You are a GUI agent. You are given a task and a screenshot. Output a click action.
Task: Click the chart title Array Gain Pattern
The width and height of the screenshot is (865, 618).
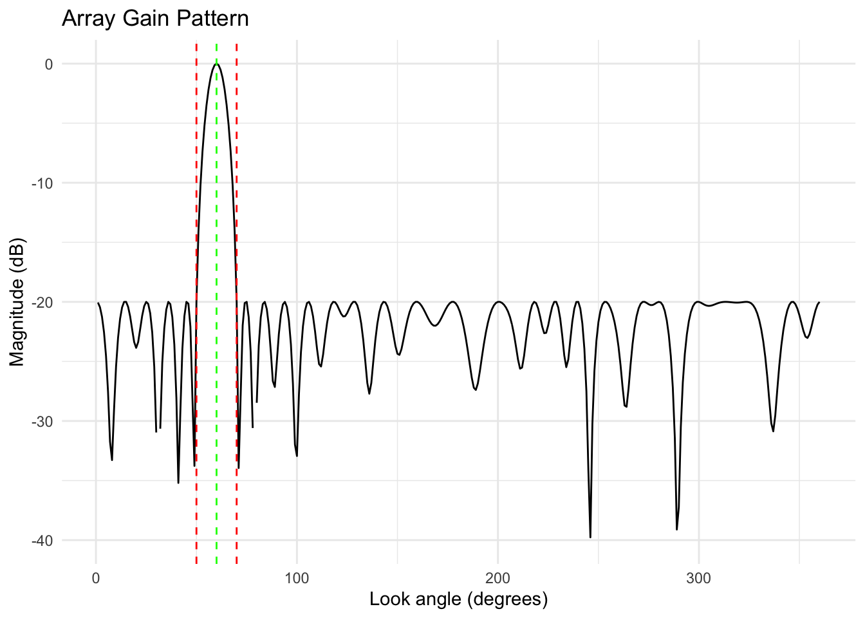(155, 18)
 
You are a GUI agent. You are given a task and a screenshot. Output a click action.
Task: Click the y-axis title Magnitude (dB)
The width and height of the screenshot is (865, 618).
(17, 303)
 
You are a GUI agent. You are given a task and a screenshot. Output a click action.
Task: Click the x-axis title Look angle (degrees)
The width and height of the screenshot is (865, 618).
(458, 599)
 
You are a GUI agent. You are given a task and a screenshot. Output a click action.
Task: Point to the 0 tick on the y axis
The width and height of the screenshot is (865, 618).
(49, 64)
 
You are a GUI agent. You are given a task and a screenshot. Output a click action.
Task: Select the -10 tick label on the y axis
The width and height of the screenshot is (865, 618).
(42, 183)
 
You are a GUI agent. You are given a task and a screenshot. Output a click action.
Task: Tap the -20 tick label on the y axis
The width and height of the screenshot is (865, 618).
(42, 303)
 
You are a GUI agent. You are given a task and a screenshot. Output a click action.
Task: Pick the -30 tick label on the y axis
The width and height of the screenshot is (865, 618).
(42, 422)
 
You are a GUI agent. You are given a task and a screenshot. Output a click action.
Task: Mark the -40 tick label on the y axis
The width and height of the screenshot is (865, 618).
(42, 541)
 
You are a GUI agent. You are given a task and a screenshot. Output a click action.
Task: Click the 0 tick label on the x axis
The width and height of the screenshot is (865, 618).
(96, 578)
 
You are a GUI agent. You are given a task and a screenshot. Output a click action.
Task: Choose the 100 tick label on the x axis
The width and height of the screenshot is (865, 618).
(297, 578)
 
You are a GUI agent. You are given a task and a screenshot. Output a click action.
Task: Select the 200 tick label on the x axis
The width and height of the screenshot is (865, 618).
(498, 578)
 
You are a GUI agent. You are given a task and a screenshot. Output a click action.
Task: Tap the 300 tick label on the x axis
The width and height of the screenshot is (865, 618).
(698, 578)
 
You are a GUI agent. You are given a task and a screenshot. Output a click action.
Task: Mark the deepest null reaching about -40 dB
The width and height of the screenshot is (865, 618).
(590, 537)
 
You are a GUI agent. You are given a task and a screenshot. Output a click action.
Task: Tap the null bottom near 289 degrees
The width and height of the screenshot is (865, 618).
(676, 529)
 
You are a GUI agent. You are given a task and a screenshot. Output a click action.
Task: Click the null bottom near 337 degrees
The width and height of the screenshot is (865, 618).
(773, 431)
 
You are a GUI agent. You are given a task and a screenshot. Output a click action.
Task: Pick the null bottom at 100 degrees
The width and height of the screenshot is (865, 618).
(297, 456)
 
